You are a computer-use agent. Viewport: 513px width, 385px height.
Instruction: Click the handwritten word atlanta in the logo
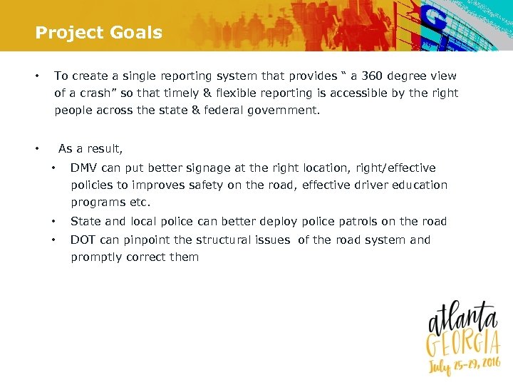tap(462, 318)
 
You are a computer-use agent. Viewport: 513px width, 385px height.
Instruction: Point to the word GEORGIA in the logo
tap(461, 344)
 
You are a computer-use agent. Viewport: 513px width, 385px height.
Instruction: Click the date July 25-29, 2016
tap(462, 366)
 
